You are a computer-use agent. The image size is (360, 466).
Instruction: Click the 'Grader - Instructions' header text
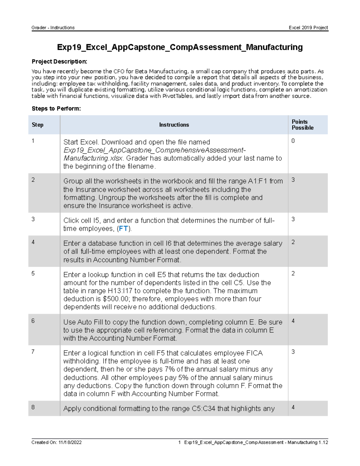pyautogui.click(x=53, y=28)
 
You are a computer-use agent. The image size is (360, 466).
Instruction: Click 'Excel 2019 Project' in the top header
pyautogui.click(x=308, y=28)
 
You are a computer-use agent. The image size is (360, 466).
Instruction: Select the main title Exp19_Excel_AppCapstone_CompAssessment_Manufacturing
pyautogui.click(x=180, y=47)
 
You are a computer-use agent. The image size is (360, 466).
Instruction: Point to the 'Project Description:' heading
pyautogui.click(x=59, y=62)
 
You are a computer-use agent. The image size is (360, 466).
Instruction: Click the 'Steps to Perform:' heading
pyautogui.click(x=56, y=109)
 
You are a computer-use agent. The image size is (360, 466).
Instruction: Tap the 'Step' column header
pyautogui.click(x=37, y=125)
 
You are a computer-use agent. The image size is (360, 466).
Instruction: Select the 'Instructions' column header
pyautogui.click(x=174, y=125)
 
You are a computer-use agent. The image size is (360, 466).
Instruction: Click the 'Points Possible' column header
pyautogui.click(x=302, y=125)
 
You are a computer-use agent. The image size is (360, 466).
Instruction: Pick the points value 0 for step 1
pyautogui.click(x=293, y=141)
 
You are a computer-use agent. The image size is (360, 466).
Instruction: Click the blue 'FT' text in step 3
pyautogui.click(x=123, y=229)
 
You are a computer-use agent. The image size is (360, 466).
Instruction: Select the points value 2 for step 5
pyautogui.click(x=293, y=273)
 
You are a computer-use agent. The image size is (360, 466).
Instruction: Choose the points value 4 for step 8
pyautogui.click(x=293, y=407)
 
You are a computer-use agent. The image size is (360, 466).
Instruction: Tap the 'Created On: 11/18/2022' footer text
pyautogui.click(x=56, y=442)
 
